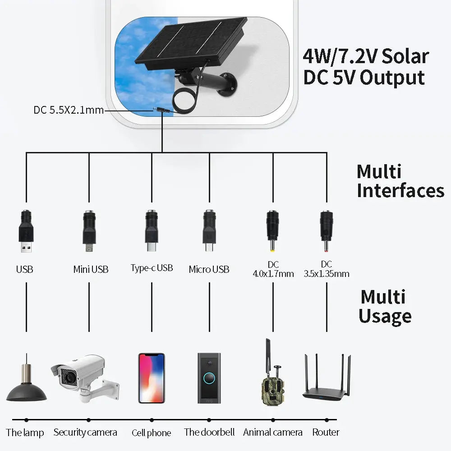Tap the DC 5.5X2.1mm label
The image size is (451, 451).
69,110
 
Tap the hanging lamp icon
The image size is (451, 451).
26,383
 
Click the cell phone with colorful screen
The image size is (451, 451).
151,378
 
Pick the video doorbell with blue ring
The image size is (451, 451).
209,378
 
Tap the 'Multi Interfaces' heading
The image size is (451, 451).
400,181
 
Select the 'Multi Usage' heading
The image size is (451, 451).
385,307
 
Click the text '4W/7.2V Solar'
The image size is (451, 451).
365,56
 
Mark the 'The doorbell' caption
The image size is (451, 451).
209,432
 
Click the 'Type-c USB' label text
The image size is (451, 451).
152,268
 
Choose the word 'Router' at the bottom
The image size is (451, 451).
326,432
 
